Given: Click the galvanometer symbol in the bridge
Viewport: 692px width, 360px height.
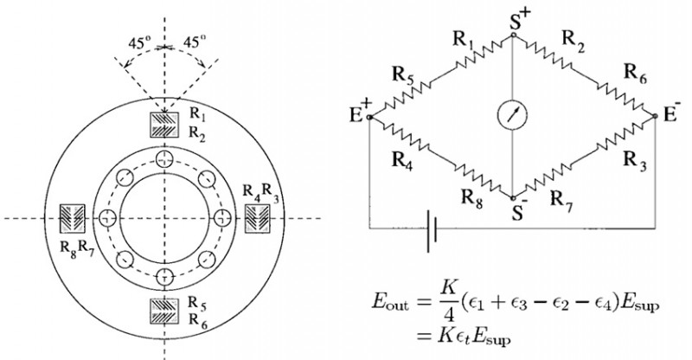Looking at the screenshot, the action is click(513, 115).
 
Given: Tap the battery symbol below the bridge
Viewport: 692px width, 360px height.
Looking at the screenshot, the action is click(432, 230).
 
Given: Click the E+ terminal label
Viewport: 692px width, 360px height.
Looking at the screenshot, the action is click(361, 111).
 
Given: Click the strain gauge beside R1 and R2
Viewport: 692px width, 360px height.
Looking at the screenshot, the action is click(164, 125).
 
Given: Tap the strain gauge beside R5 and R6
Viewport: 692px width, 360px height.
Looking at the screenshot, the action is click(164, 312).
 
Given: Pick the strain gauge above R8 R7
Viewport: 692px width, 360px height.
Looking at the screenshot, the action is click(72, 218).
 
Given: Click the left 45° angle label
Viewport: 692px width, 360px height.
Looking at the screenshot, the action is click(140, 43).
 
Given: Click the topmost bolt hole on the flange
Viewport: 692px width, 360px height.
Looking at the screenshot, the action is click(164, 158).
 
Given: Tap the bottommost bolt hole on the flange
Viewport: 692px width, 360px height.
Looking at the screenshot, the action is click(164, 278).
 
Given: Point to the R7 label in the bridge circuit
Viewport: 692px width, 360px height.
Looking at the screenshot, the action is click(561, 202).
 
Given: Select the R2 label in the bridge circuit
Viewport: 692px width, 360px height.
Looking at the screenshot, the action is click(573, 42).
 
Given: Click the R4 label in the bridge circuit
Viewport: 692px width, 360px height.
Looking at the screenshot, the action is click(403, 161).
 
